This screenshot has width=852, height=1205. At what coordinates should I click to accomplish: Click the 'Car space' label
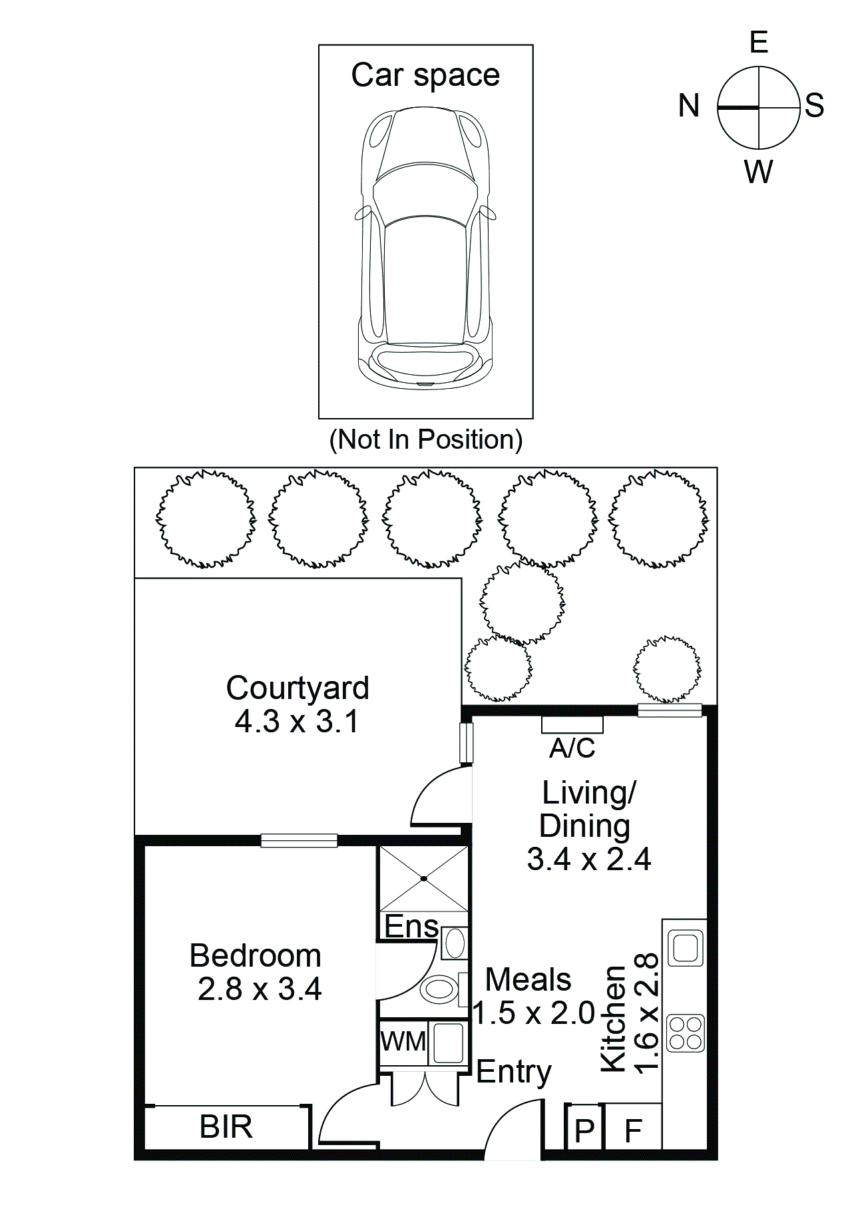pyautogui.click(x=425, y=75)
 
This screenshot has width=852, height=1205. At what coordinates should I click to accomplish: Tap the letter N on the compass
pyautogui.click(x=689, y=106)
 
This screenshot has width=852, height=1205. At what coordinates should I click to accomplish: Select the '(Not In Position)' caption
pyautogui.click(x=426, y=440)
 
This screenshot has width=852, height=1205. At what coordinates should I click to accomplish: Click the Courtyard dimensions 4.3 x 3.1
pyautogui.click(x=296, y=722)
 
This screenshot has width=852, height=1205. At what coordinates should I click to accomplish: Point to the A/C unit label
pyautogui.click(x=572, y=748)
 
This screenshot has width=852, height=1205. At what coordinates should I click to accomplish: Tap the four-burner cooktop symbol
pyautogui.click(x=685, y=1033)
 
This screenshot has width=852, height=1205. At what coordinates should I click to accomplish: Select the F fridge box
pyautogui.click(x=633, y=1130)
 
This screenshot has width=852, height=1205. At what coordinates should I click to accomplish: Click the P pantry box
pyautogui.click(x=584, y=1130)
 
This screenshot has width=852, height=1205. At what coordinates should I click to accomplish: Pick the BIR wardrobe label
pyautogui.click(x=226, y=1127)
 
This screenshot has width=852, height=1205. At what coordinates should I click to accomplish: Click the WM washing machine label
pyautogui.click(x=403, y=1041)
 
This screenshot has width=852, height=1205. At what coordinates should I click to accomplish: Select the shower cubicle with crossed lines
pyautogui.click(x=424, y=879)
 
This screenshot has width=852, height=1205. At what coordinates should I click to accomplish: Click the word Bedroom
pyautogui.click(x=256, y=956)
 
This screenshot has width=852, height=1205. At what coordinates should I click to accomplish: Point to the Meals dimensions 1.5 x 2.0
pyautogui.click(x=534, y=1013)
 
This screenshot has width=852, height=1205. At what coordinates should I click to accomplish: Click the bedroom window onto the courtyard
pyautogui.click(x=299, y=840)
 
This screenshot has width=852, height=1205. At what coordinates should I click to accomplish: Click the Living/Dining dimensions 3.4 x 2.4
pyautogui.click(x=588, y=859)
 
